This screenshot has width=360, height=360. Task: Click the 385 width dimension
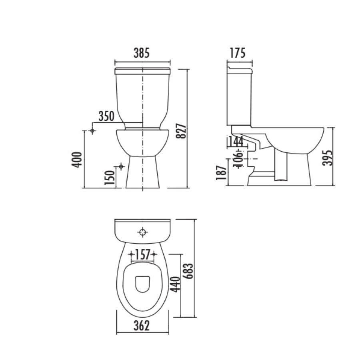(x=142, y=53)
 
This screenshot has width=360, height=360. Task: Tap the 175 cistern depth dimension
(x=238, y=53)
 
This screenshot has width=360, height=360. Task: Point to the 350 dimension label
(x=106, y=116)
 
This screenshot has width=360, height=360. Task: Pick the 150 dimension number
(x=110, y=177)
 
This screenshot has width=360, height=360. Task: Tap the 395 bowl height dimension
(x=327, y=158)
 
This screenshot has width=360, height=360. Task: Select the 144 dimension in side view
(x=235, y=142)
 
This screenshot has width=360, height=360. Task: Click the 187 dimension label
(x=222, y=172)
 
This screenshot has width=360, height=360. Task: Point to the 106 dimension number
(x=239, y=159)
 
